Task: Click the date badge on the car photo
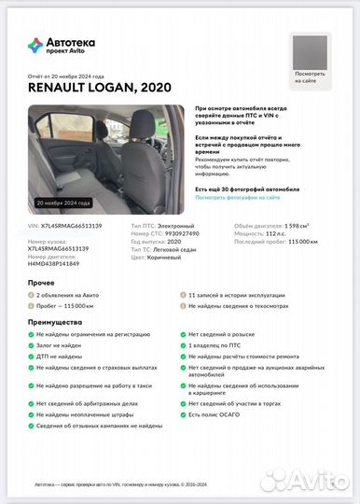63,203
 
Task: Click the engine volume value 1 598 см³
300,226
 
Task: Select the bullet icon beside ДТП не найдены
31,357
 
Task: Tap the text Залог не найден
61,345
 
